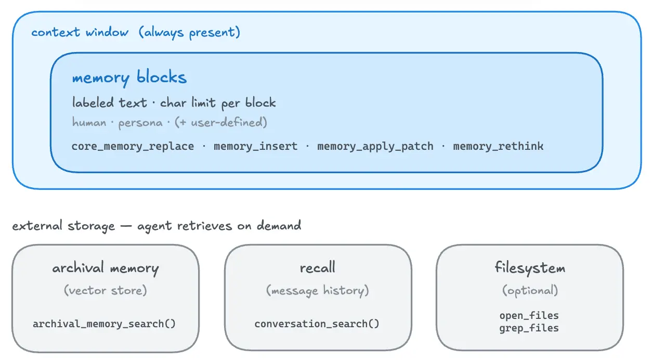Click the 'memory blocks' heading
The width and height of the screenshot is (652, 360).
click(129, 78)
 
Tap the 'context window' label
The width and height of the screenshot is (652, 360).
click(80, 32)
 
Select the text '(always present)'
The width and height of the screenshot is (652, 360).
click(189, 32)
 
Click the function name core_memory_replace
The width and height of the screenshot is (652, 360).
click(133, 146)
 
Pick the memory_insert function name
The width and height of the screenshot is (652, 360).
click(256, 146)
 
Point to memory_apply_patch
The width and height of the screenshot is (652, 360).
click(375, 146)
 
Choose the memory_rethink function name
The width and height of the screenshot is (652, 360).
click(498, 146)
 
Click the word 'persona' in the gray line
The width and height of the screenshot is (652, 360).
click(140, 123)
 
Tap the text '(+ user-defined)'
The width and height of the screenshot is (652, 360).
click(221, 122)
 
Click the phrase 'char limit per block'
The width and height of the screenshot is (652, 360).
click(218, 103)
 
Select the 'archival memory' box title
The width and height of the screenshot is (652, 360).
click(106, 268)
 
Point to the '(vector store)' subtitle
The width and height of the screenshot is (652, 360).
click(106, 290)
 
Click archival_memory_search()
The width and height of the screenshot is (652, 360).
click(104, 324)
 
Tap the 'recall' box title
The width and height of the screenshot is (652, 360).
click(318, 267)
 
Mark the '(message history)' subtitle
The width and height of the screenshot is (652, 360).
click(318, 291)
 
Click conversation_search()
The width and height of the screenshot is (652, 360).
click(317, 324)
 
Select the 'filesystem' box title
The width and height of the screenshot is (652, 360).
click(530, 268)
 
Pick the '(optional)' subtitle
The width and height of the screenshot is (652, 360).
click(530, 291)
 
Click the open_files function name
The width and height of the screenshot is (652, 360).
click(529, 316)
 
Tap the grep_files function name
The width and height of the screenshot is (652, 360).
click(529, 328)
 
